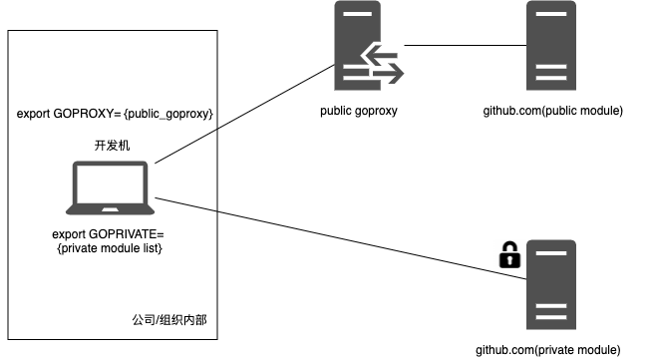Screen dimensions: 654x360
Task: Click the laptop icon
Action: (x=110, y=187)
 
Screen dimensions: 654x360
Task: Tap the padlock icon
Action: (x=509, y=254)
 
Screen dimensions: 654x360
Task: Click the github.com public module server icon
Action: (x=551, y=46)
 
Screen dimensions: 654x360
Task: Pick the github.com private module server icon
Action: (x=551, y=284)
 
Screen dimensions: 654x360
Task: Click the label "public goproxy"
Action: (x=359, y=111)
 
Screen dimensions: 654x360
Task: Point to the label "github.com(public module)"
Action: (x=553, y=111)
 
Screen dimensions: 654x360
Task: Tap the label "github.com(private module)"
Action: (x=548, y=350)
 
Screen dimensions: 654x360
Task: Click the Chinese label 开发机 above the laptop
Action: (x=112, y=146)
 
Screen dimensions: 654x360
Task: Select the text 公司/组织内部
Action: (x=169, y=320)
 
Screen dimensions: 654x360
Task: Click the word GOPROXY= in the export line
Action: (x=87, y=114)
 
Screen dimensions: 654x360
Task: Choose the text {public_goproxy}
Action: (x=168, y=114)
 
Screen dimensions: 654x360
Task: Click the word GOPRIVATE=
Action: (x=127, y=234)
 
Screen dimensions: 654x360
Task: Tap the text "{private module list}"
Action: (x=110, y=248)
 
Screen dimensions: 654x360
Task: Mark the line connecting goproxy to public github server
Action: (x=465, y=45)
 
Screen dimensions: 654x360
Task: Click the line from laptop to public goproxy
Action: (x=244, y=114)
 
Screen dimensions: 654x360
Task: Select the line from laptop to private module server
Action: (x=340, y=238)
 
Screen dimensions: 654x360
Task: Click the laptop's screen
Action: (x=110, y=182)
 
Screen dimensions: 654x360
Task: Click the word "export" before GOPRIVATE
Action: (x=69, y=234)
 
